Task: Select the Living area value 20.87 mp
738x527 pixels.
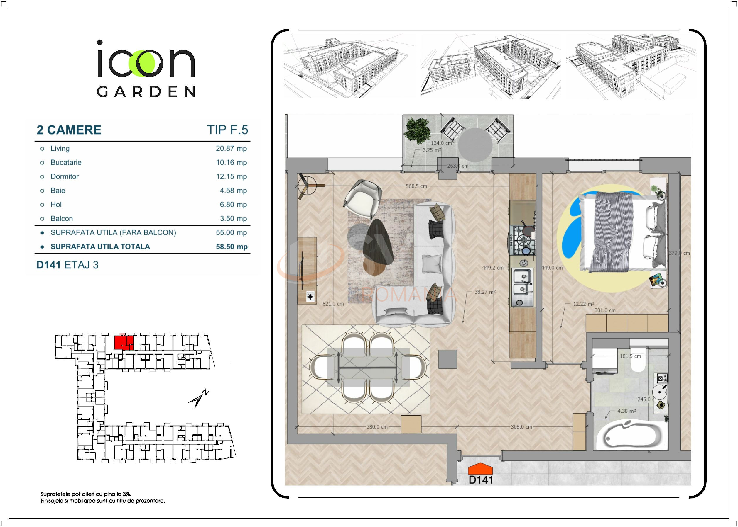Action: pos(231,148)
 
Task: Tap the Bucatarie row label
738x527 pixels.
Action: pos(66,163)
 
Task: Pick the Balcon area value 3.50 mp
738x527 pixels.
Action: pos(233,218)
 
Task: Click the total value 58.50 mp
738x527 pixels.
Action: pos(232,246)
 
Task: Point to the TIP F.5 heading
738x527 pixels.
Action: pos(227,130)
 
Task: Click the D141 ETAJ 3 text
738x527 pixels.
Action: pos(67,265)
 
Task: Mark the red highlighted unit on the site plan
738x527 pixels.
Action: pos(124,343)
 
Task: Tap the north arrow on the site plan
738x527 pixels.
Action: pos(198,399)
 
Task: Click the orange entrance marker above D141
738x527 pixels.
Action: pos(480,469)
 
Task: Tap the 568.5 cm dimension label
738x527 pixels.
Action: pos(416,186)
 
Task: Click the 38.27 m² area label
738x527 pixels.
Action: pos(485,292)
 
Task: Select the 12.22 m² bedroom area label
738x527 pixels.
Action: pos(583,304)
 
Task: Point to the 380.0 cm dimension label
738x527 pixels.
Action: pos(377,427)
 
